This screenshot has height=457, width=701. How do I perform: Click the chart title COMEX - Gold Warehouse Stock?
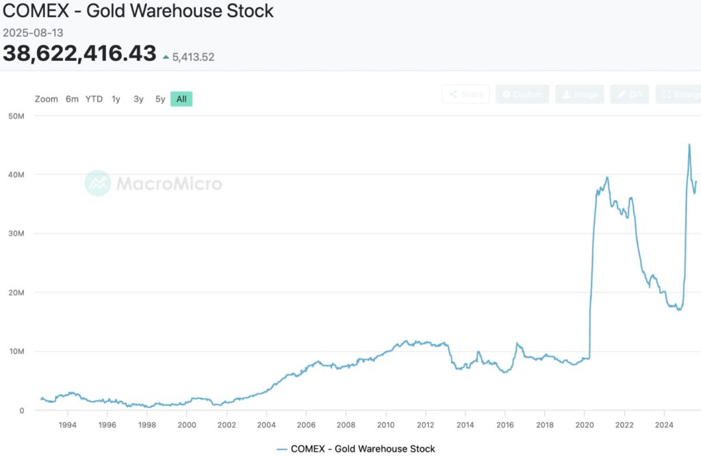(x=138, y=11)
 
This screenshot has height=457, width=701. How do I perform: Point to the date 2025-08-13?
(x=34, y=32)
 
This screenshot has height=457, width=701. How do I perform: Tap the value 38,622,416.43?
(x=79, y=53)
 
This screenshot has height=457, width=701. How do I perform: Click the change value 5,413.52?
(x=193, y=57)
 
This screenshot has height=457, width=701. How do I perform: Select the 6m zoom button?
(x=72, y=99)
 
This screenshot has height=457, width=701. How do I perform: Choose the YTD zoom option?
(x=94, y=99)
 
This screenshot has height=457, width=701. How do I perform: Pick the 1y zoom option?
(x=116, y=99)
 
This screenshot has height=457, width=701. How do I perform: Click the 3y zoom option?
(x=138, y=99)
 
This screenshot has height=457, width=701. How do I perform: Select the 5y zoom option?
(x=160, y=99)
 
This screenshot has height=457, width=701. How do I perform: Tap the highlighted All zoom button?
(x=181, y=99)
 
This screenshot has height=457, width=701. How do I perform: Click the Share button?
(x=466, y=94)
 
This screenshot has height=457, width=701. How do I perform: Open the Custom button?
(x=522, y=94)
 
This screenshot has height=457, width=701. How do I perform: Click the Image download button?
(x=579, y=94)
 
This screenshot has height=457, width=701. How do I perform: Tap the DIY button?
(x=630, y=94)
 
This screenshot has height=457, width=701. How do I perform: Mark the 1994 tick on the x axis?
(x=67, y=425)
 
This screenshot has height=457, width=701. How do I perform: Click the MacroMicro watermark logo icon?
(x=97, y=183)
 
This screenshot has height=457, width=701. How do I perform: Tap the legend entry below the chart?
(x=356, y=449)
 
